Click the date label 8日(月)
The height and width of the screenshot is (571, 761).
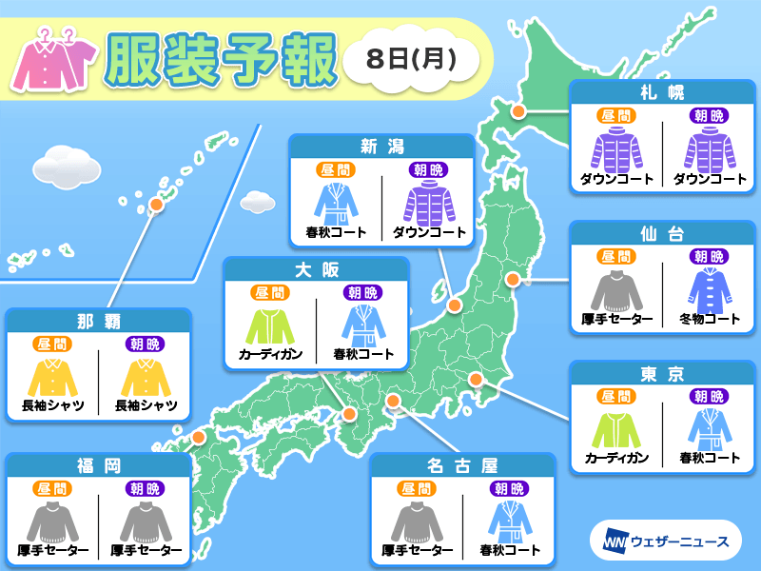pyautogui.click(x=410, y=58)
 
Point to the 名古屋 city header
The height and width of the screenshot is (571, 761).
pyautogui.click(x=463, y=465)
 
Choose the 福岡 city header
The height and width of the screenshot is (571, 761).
pyautogui.click(x=99, y=465)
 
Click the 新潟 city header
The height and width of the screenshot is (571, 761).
pyautogui.click(x=380, y=146)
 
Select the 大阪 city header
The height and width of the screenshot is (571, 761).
pyautogui.click(x=316, y=269)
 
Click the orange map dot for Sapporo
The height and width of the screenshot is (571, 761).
pyautogui.click(x=519, y=111)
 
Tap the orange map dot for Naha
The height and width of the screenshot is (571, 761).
pyautogui.click(x=156, y=203)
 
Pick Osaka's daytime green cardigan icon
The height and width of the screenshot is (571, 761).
pyautogui.click(x=271, y=324)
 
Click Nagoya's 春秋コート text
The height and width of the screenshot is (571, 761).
pyautogui.click(x=509, y=550)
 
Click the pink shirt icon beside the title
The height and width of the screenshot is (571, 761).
pyautogui.click(x=52, y=63)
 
